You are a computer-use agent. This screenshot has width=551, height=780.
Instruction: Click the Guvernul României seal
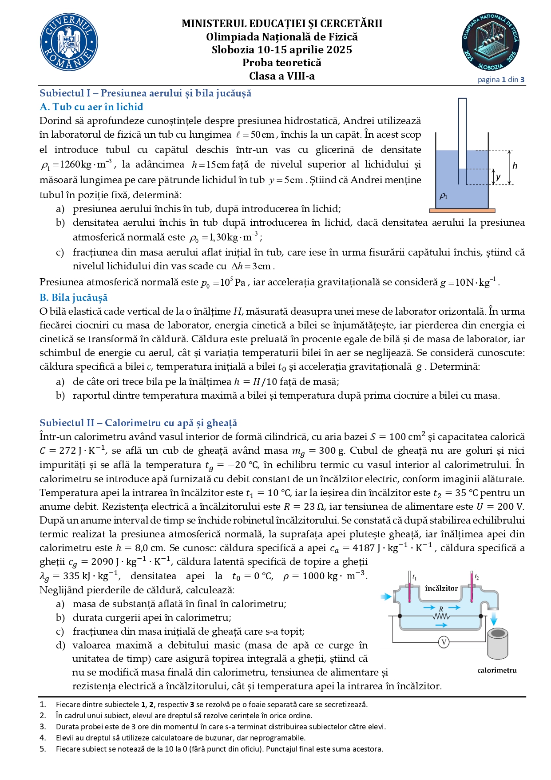69,42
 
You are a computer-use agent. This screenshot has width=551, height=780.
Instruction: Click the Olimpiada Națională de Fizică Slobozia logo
490,42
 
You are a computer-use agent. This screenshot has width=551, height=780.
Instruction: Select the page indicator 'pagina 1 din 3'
501,80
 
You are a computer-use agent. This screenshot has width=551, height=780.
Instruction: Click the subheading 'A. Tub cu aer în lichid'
91,107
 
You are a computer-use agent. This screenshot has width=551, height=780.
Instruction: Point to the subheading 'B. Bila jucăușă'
73,297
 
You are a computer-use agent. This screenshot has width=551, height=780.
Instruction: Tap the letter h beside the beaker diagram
515,166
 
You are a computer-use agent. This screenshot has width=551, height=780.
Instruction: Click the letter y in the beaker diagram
498,176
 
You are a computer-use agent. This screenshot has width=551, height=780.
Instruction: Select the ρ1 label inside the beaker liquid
443,196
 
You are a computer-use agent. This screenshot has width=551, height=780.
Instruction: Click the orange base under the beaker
462,211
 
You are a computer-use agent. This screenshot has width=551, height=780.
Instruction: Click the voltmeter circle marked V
444,642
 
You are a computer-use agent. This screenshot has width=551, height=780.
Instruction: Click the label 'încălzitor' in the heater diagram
441,588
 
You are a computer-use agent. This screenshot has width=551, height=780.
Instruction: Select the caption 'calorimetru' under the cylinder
497,670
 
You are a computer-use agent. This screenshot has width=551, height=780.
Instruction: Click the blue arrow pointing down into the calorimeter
494,620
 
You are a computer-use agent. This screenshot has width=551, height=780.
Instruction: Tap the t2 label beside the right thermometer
476,577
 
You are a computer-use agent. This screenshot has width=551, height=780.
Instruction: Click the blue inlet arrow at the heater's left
386,596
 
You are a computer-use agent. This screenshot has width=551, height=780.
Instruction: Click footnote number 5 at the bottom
43,748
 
